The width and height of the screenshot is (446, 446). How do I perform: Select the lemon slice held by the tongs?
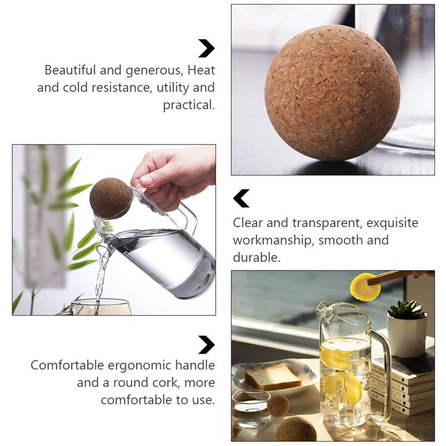[365, 287]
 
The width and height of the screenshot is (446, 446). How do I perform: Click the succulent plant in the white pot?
[407, 309]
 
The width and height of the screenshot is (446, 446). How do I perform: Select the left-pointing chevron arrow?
[241, 198]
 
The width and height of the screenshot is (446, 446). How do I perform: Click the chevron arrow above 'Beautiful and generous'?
[206, 49]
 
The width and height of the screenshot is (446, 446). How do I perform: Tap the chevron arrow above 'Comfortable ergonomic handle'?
[206, 345]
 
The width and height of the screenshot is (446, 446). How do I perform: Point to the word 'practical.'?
[188, 105]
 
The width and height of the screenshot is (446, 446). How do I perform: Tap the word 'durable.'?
[257, 258]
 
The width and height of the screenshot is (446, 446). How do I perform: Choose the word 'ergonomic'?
[134, 366]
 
